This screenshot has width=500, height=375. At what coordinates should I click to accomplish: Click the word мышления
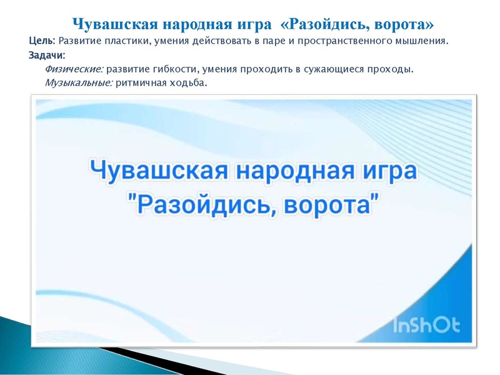pos(422,42)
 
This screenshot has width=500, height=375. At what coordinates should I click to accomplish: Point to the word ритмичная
pos(140,82)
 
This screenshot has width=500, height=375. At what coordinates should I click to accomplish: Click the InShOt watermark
pos(427,324)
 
